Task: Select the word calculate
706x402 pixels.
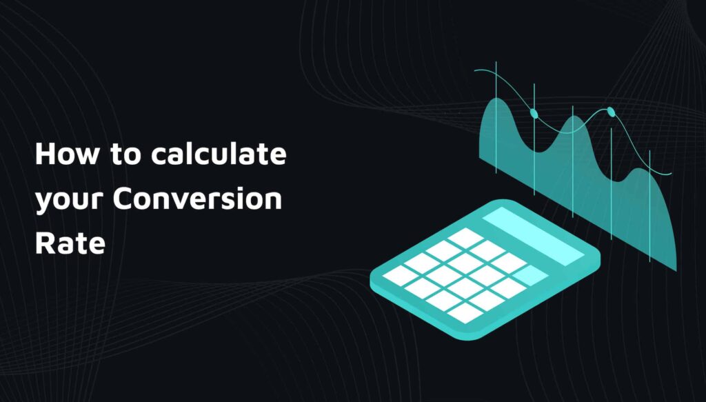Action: pos(219,154)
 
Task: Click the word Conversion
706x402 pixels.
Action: pos(197,199)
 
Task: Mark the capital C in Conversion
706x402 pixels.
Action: pos(122,199)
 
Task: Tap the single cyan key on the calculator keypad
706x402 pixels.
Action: pos(529,275)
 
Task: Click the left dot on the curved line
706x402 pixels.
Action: pos(533,112)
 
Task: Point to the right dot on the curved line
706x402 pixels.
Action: pos(610,111)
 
